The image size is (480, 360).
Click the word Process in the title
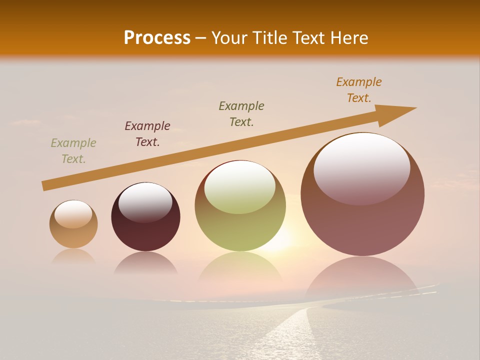tap(157, 38)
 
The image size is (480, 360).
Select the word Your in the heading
tap(229, 38)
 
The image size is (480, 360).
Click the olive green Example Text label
tap(73, 151)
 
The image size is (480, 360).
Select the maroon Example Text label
tap(147, 134)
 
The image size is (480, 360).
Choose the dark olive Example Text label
tap(241, 114)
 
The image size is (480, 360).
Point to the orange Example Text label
tap(359, 90)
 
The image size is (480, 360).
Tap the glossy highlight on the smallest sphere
tap(73, 214)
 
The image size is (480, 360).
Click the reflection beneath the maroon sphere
tap(145, 263)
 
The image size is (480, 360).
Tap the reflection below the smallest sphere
tap(73, 257)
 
